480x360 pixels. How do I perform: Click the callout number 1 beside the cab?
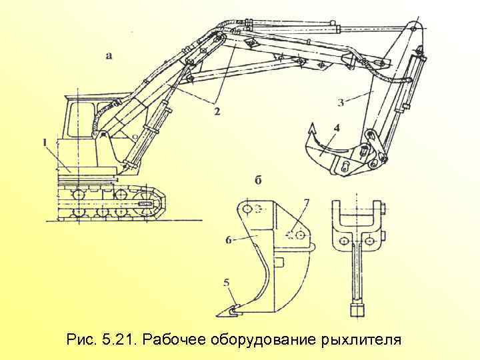45,142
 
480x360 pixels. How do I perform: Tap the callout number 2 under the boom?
216,111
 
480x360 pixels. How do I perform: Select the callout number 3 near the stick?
341,102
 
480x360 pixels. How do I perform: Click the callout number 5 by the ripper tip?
227,284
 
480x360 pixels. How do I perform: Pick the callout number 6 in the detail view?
229,239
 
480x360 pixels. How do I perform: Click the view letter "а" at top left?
109,55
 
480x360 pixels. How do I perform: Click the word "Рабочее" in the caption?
175,340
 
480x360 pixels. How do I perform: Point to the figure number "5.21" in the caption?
116,340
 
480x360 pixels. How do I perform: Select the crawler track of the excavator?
110,203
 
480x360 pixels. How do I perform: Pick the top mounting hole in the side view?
247,209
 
